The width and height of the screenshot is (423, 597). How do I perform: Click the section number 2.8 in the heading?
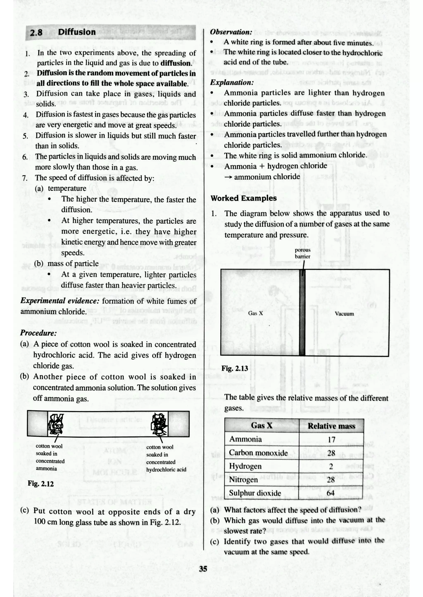click(x=36, y=33)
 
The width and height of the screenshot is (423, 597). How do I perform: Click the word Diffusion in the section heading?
click(x=77, y=32)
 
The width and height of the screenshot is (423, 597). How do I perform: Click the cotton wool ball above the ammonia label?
click(x=56, y=424)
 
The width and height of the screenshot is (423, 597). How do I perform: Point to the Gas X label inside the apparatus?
click(x=255, y=313)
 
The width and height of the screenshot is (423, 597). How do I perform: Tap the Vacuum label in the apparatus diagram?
click(x=344, y=314)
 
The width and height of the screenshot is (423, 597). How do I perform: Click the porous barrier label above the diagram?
click(x=302, y=253)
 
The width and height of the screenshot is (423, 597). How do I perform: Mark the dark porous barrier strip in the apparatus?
click(x=302, y=312)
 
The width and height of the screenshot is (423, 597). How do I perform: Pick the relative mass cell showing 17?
click(x=331, y=440)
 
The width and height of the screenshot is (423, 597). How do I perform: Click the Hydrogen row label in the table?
click(x=245, y=466)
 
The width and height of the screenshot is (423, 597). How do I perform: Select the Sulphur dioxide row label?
click(x=255, y=493)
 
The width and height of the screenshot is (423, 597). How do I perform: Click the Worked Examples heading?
click(x=244, y=198)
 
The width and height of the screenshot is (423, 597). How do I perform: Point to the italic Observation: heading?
click(x=231, y=32)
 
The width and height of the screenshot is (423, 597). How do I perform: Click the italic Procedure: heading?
click(x=38, y=333)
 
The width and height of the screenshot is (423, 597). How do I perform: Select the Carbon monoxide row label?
click(x=258, y=453)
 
